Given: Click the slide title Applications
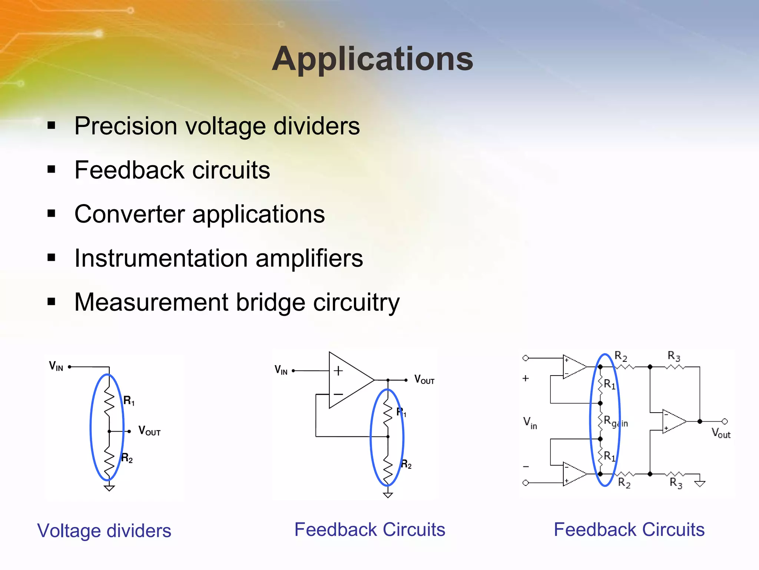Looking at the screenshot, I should [372, 59].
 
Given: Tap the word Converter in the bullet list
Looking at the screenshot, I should [129, 214].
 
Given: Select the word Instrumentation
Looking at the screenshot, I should [161, 258].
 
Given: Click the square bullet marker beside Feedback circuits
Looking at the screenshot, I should [52, 170].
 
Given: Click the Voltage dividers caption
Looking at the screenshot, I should [104, 531].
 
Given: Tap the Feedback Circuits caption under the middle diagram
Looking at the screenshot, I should [369, 530].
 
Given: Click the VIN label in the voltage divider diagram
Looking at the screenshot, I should [56, 366].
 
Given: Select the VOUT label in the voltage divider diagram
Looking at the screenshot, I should [149, 431].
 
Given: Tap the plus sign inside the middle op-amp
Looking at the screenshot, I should [338, 371].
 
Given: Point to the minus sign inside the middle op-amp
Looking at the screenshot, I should [338, 394].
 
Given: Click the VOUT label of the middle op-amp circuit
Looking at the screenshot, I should [424, 380].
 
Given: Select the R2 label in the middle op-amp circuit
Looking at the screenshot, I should [406, 464].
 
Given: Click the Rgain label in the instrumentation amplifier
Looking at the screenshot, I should [616, 422].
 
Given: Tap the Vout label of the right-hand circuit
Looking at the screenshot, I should [721, 433].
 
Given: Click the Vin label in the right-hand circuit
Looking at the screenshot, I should [530, 423].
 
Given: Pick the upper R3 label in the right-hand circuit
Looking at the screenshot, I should [674, 356].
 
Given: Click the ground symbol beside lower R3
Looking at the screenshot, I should [700, 484].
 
